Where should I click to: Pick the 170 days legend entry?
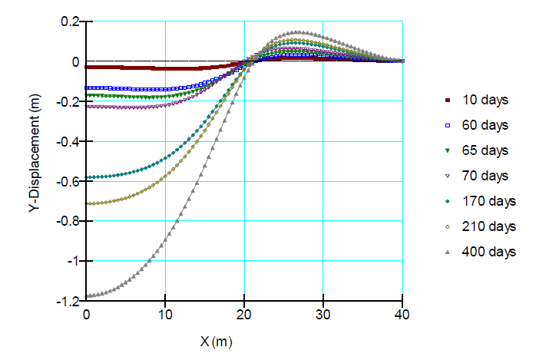pos(488,201)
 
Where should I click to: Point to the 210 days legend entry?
pos(488,226)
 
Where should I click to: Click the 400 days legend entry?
pos(488,252)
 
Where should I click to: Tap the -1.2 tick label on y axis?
pos(67,301)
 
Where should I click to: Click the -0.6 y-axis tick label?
pos(67,181)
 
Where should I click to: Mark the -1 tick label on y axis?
pos(72,261)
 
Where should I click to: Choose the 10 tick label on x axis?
pos(165,314)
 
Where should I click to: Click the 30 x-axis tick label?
pos(323,314)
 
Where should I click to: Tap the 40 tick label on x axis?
pos(402,314)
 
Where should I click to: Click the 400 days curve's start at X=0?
pos(87,296)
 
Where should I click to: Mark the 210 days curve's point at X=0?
pos(87,203)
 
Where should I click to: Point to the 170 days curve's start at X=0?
pos(87,177)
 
